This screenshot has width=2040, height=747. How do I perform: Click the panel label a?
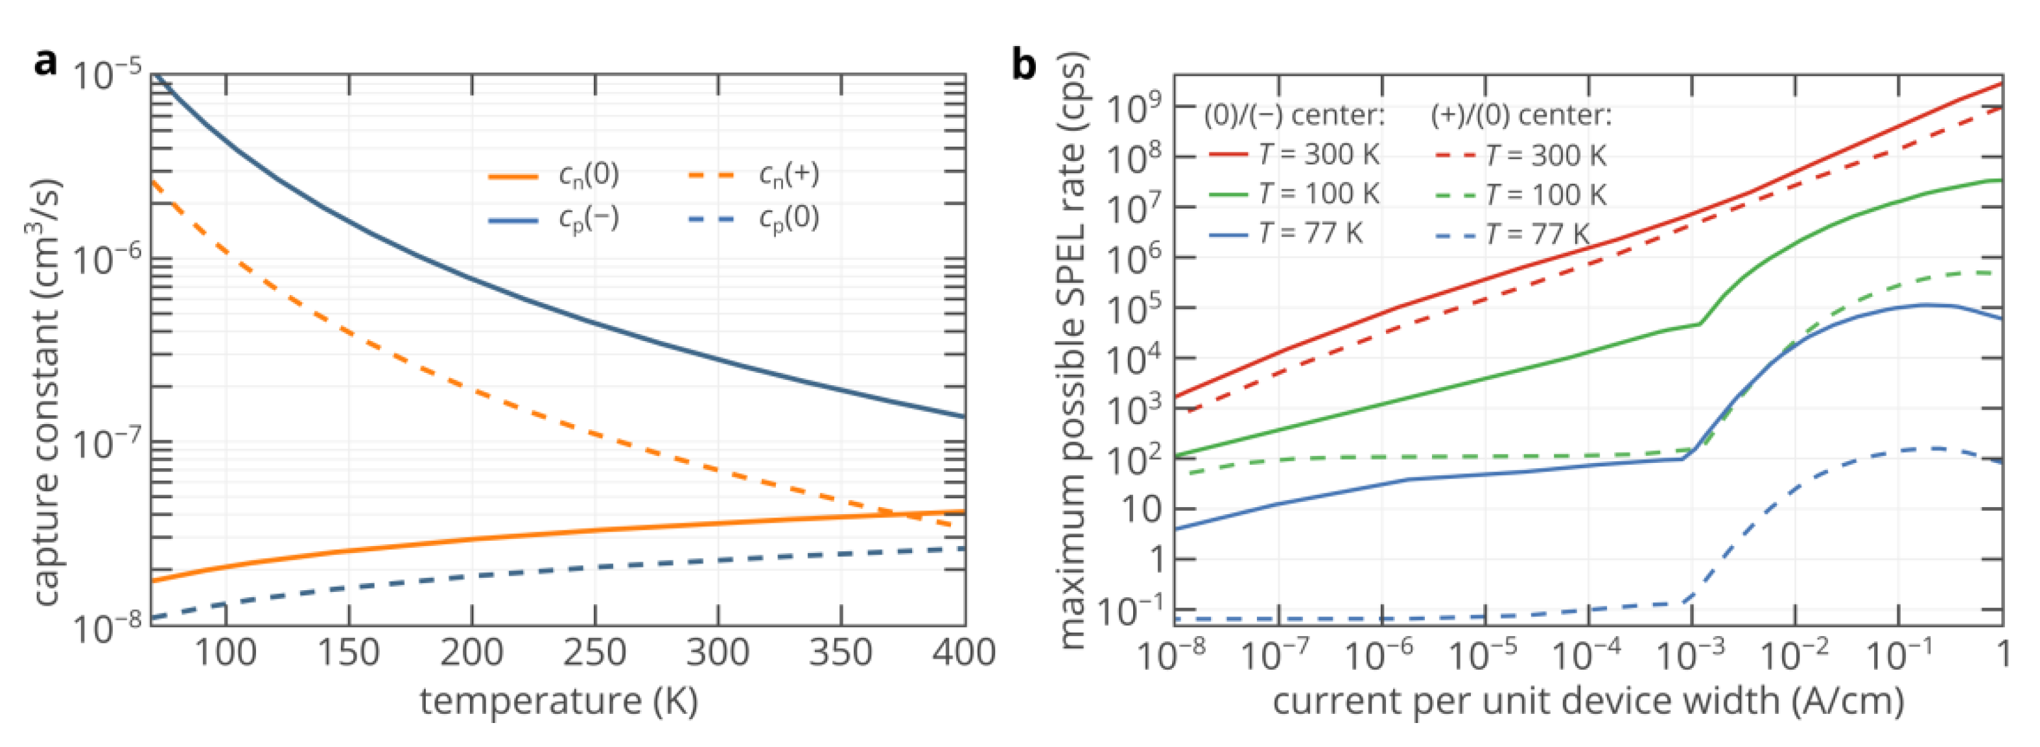tap(46, 62)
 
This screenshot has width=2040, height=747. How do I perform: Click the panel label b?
tap(1024, 64)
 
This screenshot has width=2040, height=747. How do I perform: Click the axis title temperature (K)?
tap(558, 701)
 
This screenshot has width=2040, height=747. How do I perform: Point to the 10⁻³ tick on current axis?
tap(1690, 655)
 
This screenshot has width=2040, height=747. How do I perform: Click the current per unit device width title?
tap(1588, 701)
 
